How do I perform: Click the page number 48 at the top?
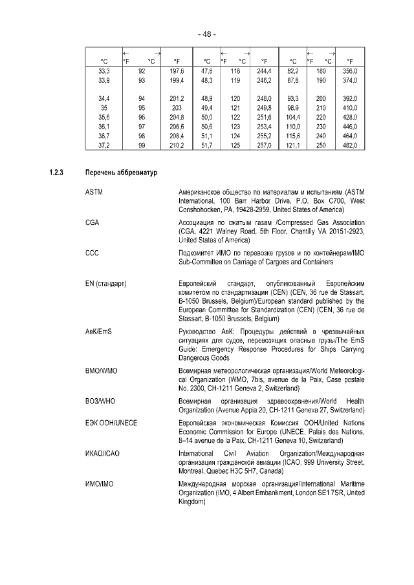[x=206, y=34]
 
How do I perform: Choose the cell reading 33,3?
[x=103, y=71]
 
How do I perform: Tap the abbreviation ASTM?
[x=94, y=192]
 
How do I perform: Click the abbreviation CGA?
[x=92, y=222]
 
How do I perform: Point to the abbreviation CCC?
[x=92, y=252]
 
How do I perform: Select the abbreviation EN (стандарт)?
[x=105, y=283]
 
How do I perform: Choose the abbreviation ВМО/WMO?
[x=100, y=371]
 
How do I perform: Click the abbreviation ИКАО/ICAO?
[x=102, y=454]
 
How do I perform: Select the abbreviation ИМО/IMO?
[x=99, y=484]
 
